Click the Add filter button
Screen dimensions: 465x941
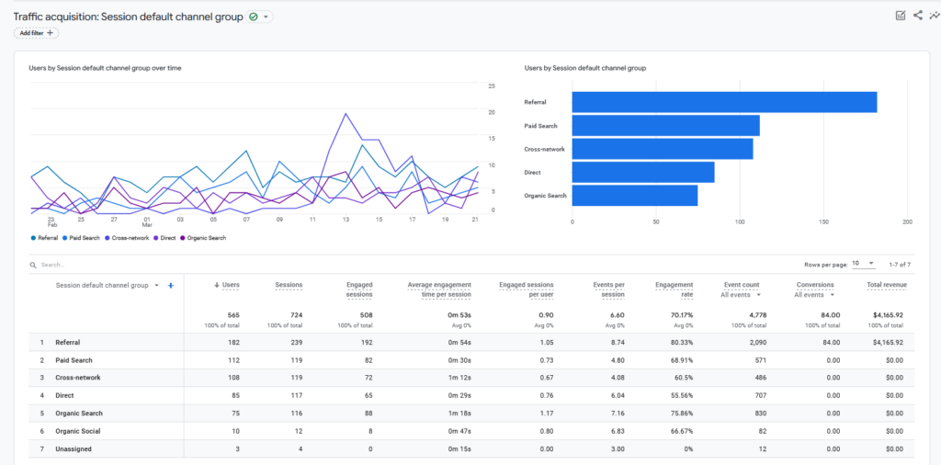pyautogui.click(x=36, y=33)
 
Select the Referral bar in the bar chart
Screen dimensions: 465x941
pyautogui.click(x=724, y=102)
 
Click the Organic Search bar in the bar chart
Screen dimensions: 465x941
pyautogui.click(x=634, y=195)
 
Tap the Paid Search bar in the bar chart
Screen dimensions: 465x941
pyautogui.click(x=665, y=125)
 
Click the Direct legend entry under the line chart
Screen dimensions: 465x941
pyautogui.click(x=165, y=238)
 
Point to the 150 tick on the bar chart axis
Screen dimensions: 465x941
pyautogui.click(x=823, y=222)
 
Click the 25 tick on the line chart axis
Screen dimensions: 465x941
pyautogui.click(x=492, y=85)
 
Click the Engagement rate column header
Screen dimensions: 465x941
pyautogui.click(x=674, y=289)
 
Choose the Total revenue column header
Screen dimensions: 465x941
pyautogui.click(x=887, y=285)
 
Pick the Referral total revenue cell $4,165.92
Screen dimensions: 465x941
pyautogui.click(x=889, y=342)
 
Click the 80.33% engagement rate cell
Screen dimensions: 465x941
pyautogui.click(x=679, y=342)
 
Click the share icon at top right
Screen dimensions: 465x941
pyautogui.click(x=917, y=15)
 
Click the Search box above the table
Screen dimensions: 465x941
pyautogui.click(x=92, y=265)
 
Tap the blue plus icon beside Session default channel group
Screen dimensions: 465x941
pyautogui.click(x=171, y=286)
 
